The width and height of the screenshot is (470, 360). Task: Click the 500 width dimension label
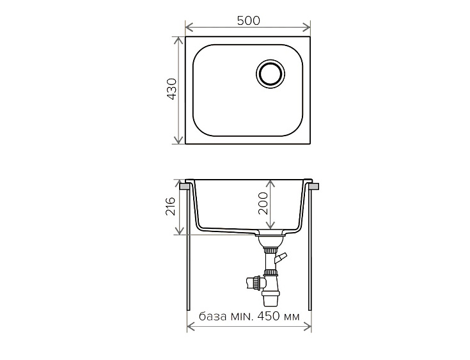(x=249, y=20)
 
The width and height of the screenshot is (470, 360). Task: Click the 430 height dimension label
(x=172, y=89)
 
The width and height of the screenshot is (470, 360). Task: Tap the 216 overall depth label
(x=170, y=207)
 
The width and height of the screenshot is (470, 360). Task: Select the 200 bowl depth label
(x=263, y=203)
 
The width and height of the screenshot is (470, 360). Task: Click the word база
(x=213, y=317)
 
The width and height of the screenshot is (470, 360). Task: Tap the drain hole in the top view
(x=270, y=74)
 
